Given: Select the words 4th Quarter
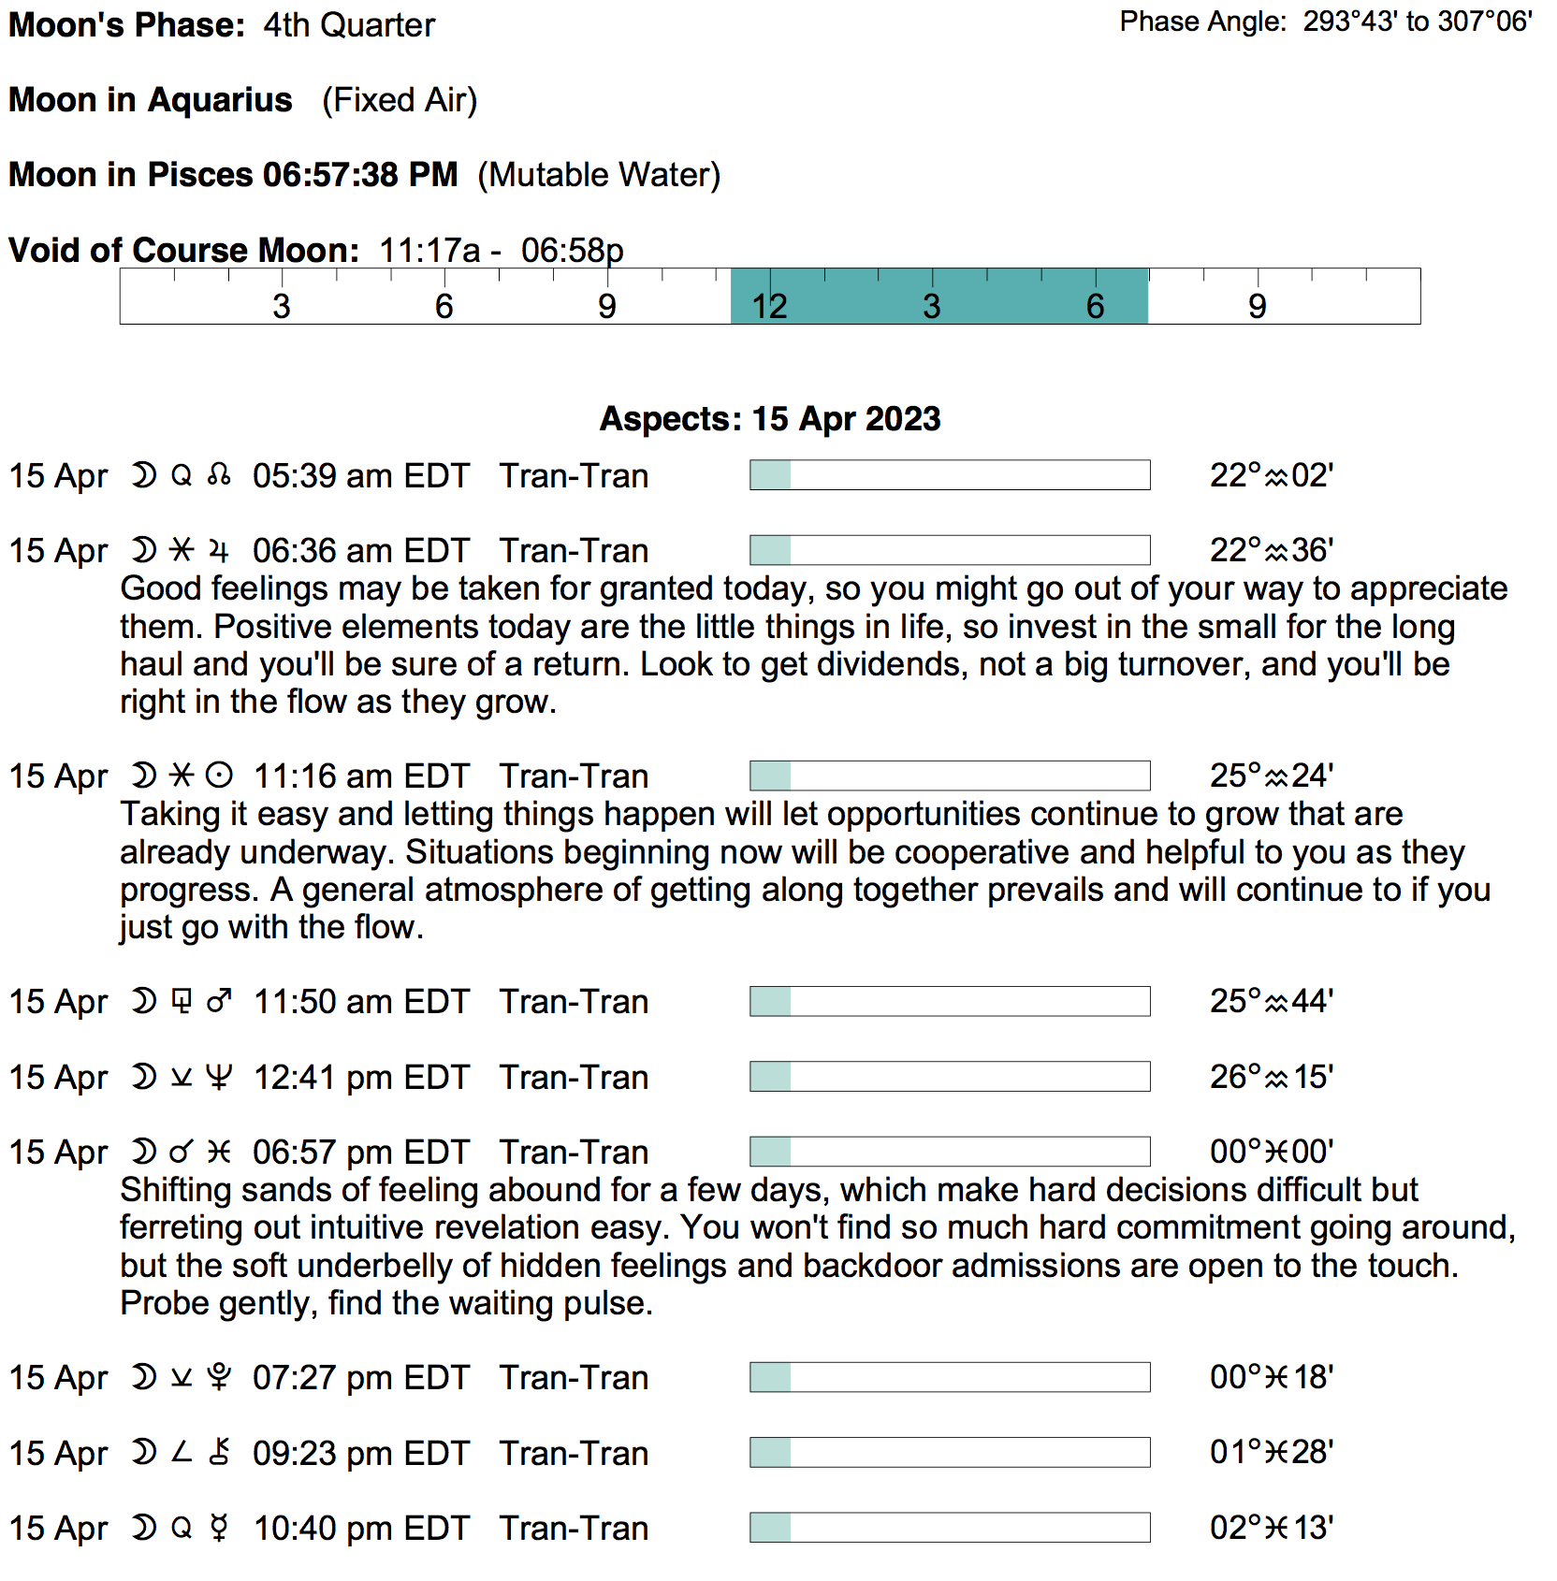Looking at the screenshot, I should (349, 25).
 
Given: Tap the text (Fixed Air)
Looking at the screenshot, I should (400, 100).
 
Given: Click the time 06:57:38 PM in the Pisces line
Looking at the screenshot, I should (360, 175).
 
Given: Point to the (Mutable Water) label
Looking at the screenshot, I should (599, 175).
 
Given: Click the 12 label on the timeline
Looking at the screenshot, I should (769, 306).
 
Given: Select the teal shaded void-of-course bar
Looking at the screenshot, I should (939, 297).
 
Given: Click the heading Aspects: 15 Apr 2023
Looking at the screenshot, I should (769, 419).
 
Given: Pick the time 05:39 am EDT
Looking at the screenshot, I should (360, 476).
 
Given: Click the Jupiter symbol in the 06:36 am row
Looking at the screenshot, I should (219, 551).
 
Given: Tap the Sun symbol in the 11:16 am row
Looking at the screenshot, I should (219, 776).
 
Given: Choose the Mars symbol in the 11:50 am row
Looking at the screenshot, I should (219, 1002).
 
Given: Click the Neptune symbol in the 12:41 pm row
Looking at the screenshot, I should (219, 1078).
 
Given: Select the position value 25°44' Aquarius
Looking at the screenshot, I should (1271, 1002).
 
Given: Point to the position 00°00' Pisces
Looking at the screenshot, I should (1271, 1153).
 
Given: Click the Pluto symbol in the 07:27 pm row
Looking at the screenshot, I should (219, 1378).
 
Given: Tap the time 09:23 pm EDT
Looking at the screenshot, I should (360, 1454).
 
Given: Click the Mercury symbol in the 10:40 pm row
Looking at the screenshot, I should (219, 1529).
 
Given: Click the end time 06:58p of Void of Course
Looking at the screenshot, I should (572, 251).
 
